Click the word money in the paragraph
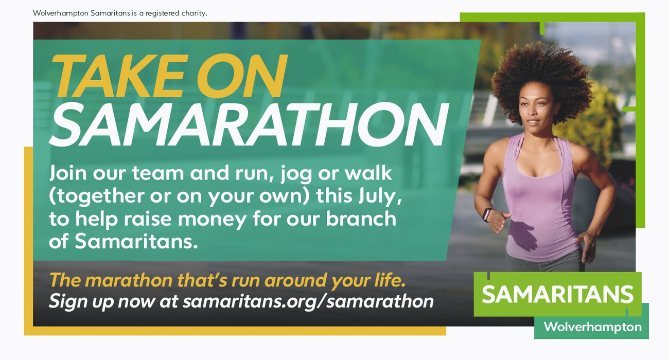coord(213,220)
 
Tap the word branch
coord(361,218)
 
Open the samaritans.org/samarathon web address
coord(308,301)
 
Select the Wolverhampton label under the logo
coord(593,327)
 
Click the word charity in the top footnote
coord(194,13)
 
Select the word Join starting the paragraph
coord(68,173)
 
